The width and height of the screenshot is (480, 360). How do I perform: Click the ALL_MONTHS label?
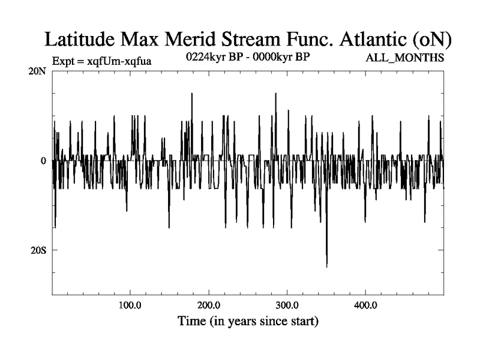click(x=405, y=58)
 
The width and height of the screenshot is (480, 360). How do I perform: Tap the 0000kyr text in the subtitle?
click(x=274, y=58)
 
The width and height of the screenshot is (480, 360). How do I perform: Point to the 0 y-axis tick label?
click(x=43, y=161)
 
